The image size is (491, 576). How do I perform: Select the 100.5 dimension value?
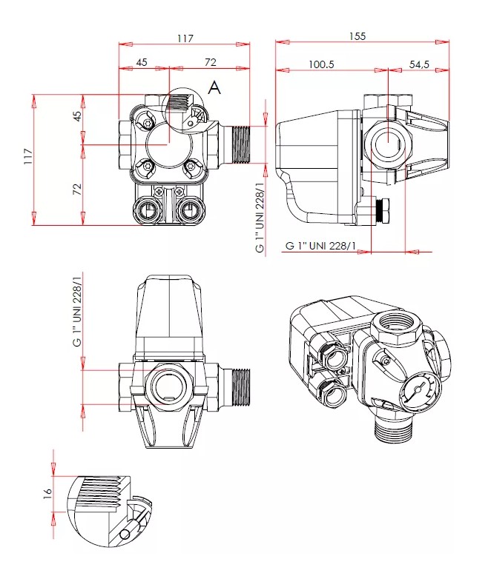click(321, 64)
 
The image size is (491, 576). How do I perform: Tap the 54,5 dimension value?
click(420, 64)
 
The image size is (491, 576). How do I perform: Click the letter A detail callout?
click(214, 88)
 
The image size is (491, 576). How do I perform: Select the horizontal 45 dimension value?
click(142, 62)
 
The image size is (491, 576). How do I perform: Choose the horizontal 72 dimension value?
click(211, 62)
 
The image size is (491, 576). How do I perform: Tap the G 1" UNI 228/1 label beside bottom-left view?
click(77, 321)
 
